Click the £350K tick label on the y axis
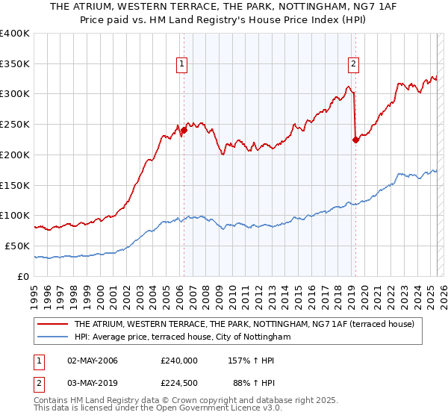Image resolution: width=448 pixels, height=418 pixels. [15, 64]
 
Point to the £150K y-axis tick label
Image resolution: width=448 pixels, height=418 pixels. [15, 185]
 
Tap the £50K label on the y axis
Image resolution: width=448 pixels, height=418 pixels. [18, 246]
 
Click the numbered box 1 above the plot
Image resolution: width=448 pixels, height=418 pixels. [182, 64]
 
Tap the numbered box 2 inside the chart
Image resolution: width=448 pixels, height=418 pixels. [352, 64]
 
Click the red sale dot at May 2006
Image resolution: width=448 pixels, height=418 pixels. [184, 131]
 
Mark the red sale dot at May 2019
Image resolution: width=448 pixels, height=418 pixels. [355, 140]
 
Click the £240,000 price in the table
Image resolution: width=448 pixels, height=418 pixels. [178, 361]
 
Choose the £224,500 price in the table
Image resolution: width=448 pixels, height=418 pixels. [178, 384]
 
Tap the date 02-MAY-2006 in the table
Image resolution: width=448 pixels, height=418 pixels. [93, 361]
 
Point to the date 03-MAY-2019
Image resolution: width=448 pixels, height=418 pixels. [93, 384]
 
